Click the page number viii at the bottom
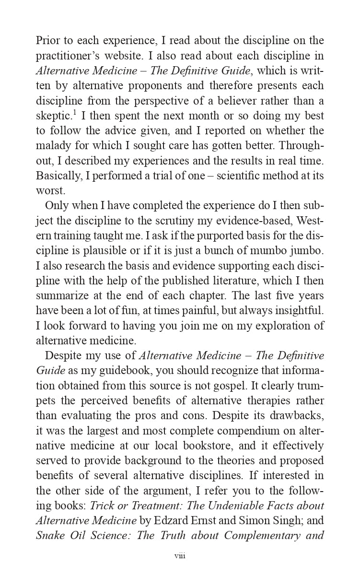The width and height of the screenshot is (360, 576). (180, 555)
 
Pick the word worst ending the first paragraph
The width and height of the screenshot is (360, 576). (50, 191)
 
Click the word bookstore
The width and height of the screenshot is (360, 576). (234, 446)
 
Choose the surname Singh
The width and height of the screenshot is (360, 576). (276, 520)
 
